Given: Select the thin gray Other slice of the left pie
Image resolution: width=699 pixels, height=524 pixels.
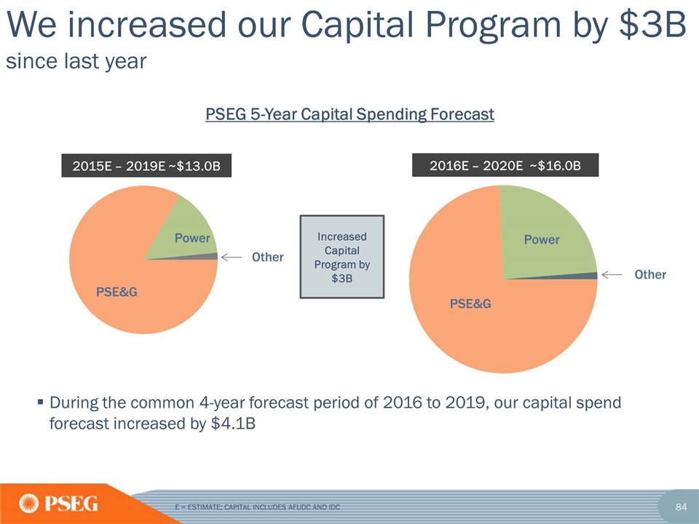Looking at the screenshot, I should click(x=211, y=256).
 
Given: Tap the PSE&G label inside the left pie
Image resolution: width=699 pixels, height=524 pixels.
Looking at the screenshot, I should click(x=117, y=293).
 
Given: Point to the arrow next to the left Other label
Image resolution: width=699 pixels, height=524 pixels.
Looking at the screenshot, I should click(x=231, y=257).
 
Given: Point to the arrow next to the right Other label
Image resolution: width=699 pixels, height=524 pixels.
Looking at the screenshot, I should click(x=612, y=274).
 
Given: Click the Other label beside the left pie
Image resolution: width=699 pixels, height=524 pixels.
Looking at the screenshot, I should click(x=267, y=258).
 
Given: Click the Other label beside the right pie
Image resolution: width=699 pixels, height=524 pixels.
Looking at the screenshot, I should click(x=649, y=275).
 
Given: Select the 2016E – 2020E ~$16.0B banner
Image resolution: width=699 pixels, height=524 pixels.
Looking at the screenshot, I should click(x=505, y=166).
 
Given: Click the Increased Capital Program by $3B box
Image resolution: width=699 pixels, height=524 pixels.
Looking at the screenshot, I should click(x=342, y=255).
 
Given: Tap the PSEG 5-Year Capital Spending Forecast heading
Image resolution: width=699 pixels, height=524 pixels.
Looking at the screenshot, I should click(x=350, y=114).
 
